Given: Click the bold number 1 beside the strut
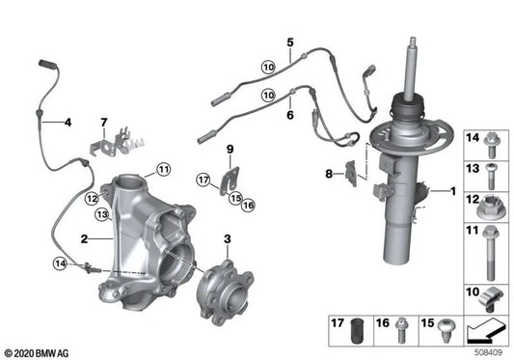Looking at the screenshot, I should coord(449,191).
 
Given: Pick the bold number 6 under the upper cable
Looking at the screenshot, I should coord(288,114).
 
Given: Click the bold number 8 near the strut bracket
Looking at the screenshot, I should coord(327,174).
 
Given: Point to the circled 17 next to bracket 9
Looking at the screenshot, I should coord(203,179).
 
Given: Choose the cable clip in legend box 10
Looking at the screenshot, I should coord(489,293).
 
